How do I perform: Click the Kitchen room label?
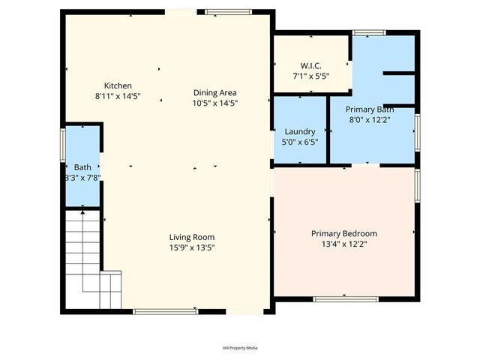pos(118,85)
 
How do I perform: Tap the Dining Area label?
pos(214,92)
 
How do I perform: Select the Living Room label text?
pos(192,237)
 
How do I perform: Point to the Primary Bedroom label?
pos(343,233)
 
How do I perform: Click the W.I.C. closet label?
pos(311,64)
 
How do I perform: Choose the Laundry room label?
pos(299,132)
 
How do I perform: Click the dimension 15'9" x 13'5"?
pos(192,247)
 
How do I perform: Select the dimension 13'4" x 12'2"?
pos(343,244)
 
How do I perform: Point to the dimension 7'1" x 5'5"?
pos(311,75)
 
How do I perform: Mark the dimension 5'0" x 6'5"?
pos(299,142)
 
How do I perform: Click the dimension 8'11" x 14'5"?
pos(118,97)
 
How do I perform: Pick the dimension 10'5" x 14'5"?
pos(214,103)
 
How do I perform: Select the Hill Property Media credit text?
pos(240,348)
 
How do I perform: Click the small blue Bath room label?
pos(82,166)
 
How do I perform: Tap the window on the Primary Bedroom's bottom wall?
pos(335,298)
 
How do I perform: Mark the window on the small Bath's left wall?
pos(64,142)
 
